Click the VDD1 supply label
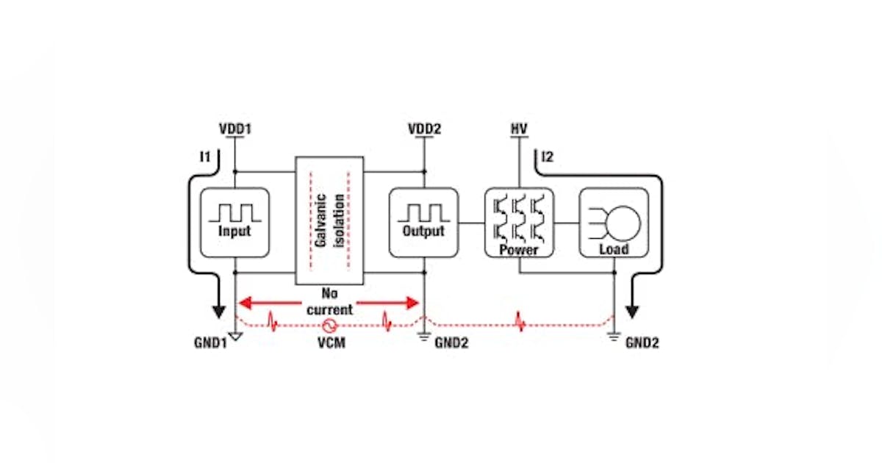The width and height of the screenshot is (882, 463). [234, 129]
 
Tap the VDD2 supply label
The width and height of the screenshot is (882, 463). [424, 129]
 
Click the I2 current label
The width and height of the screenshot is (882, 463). [548, 157]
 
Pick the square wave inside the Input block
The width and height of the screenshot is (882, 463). [234, 212]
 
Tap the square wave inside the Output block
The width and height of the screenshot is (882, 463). [423, 212]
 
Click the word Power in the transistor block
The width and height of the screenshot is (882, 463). [518, 250]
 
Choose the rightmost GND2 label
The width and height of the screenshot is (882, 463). [642, 342]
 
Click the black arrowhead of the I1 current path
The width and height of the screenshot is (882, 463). [218, 311]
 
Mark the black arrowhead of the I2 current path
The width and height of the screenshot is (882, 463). [631, 311]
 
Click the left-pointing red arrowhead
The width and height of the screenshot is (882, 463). [243, 301]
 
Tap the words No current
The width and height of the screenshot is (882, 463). [328, 301]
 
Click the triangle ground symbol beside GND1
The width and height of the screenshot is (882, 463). [234, 337]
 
